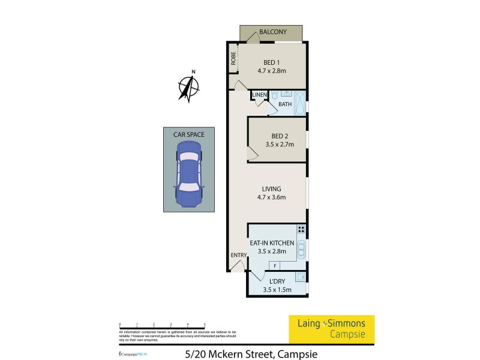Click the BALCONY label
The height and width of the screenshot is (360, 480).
[x=272, y=32]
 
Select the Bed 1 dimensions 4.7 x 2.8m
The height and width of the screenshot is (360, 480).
[x=272, y=70]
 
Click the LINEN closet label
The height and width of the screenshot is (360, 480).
[x=259, y=95]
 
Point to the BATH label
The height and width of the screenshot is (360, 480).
[x=284, y=104]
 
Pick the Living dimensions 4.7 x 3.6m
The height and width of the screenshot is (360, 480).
[x=271, y=197]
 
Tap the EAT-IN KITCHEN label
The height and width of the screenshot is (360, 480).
[x=272, y=243]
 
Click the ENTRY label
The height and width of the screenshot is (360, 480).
[x=238, y=256]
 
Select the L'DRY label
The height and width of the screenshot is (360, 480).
[x=277, y=281]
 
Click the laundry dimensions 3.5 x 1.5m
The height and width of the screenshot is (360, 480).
[x=277, y=290]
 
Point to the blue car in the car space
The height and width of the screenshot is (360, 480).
[x=188, y=178]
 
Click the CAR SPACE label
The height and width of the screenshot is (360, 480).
[x=188, y=135]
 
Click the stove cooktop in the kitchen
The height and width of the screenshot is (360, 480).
[x=301, y=229]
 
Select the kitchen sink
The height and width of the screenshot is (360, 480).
[x=301, y=248]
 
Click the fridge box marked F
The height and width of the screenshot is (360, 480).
[x=275, y=266]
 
